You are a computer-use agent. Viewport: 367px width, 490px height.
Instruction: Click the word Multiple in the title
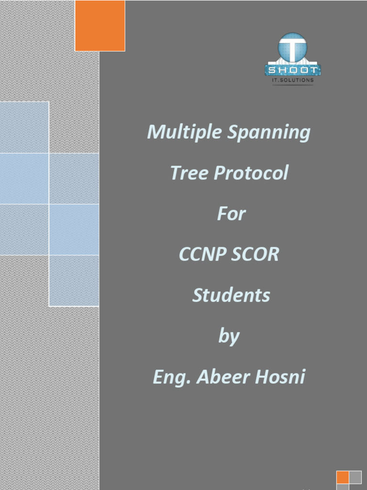[184, 132]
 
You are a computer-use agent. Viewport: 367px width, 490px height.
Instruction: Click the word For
[231, 213]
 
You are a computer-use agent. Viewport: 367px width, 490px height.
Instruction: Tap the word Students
[231, 295]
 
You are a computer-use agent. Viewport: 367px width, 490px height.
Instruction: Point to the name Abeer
[222, 377]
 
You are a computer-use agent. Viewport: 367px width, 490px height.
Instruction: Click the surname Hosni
[281, 377]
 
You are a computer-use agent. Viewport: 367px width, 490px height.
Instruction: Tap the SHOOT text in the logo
[292, 71]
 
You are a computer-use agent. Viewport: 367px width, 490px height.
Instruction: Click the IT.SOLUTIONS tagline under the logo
[292, 80]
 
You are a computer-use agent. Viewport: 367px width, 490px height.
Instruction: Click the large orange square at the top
[100, 25]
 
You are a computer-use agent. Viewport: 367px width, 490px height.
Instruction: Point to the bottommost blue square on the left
[74, 280]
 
